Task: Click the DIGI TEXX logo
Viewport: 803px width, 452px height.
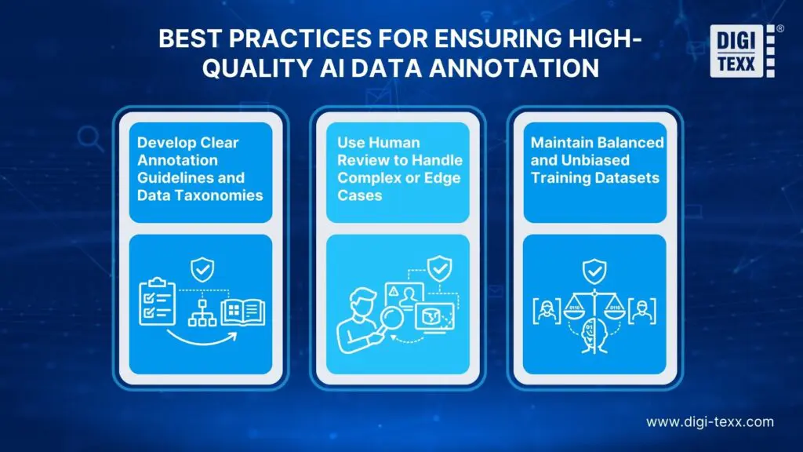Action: (x=742, y=52)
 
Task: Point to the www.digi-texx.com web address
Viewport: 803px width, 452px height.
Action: (x=710, y=421)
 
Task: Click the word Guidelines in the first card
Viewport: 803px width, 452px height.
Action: (x=167, y=178)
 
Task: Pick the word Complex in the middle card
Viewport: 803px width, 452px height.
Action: (x=364, y=178)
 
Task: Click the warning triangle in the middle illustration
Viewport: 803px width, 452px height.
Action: (x=391, y=291)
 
